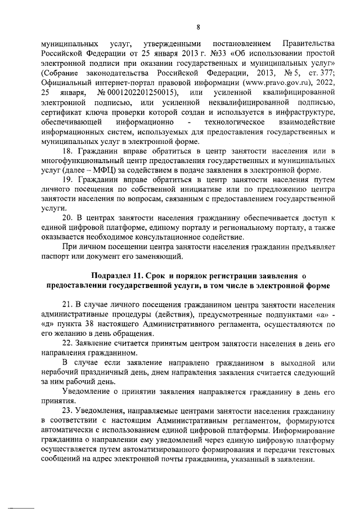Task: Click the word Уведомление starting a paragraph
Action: click(x=88, y=391)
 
